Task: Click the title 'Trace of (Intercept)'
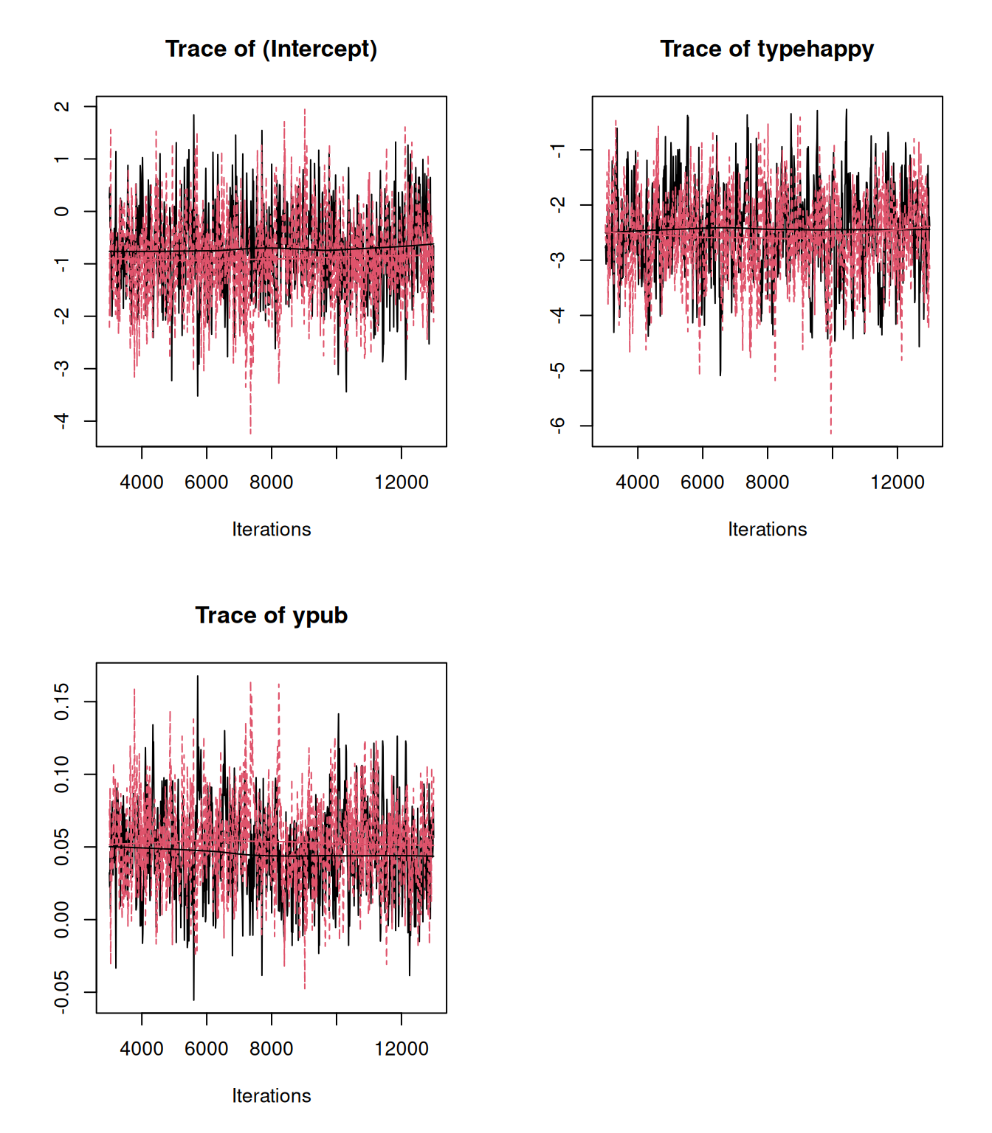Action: [x=271, y=49]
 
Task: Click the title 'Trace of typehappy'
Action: [x=766, y=49]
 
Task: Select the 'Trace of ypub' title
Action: [x=271, y=615]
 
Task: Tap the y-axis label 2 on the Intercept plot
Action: [x=62, y=106]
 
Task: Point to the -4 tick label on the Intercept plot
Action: [x=62, y=420]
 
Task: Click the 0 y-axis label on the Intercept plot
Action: [x=62, y=212]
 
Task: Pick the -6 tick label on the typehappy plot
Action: [x=558, y=426]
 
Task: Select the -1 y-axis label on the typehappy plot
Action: [x=558, y=150]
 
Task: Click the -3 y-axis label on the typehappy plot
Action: [x=558, y=260]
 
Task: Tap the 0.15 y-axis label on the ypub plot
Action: [x=62, y=701]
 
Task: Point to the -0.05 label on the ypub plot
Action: [x=62, y=991]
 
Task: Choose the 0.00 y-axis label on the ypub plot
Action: [x=62, y=920]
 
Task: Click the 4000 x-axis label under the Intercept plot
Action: [x=142, y=482]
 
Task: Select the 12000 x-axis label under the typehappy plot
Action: [x=897, y=482]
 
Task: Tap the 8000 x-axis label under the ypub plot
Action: [x=271, y=1049]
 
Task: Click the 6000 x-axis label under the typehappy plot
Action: [x=702, y=482]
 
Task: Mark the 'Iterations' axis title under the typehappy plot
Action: [x=767, y=530]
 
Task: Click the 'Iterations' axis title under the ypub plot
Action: [x=271, y=1096]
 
